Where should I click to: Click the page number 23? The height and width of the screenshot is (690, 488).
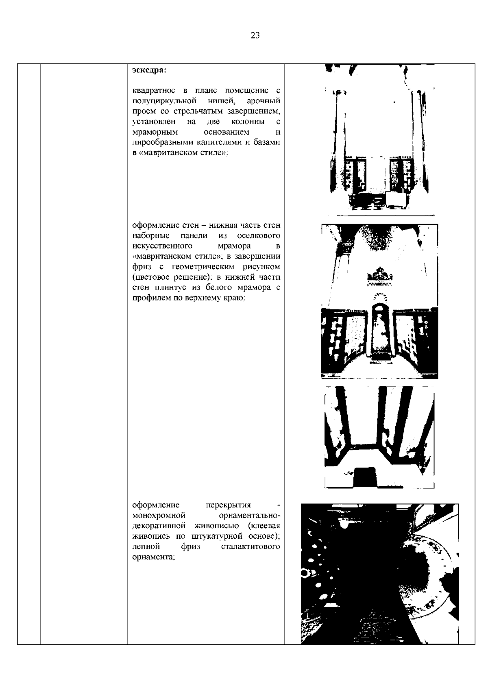(x=255, y=35)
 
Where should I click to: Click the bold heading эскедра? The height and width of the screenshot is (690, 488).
(x=149, y=70)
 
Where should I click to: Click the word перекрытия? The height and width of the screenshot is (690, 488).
(x=228, y=505)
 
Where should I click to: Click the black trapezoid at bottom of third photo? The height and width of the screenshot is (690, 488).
(x=366, y=477)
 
